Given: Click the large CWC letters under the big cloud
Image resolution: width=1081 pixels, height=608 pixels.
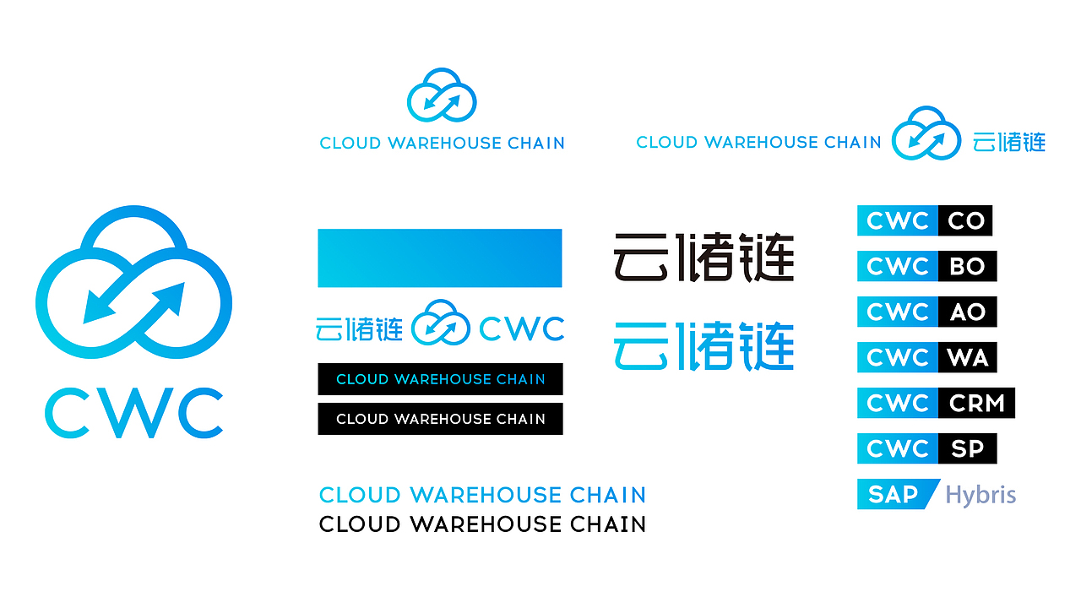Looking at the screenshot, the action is pyautogui.click(x=133, y=412).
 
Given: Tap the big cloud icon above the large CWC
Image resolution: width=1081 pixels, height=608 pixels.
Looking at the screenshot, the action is pyautogui.click(x=133, y=279).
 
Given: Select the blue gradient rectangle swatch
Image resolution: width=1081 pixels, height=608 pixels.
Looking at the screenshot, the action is pyautogui.click(x=439, y=258).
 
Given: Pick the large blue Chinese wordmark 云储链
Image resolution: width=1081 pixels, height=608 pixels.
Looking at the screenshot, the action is pyautogui.click(x=703, y=345).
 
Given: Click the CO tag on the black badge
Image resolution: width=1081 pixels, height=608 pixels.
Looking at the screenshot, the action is pyautogui.click(x=965, y=221).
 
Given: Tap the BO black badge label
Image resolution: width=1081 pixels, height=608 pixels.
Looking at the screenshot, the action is pyautogui.click(x=967, y=267).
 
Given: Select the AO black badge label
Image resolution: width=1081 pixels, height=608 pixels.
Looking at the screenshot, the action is pyautogui.click(x=967, y=312).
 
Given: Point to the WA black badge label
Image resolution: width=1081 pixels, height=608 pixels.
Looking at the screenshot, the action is pyautogui.click(x=967, y=358).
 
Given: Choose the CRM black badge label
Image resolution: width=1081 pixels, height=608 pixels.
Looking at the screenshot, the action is pyautogui.click(x=976, y=404).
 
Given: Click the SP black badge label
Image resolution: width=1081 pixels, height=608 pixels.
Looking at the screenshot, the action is pyautogui.click(x=967, y=449).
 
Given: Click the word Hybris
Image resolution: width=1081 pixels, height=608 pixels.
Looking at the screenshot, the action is pyautogui.click(x=981, y=495).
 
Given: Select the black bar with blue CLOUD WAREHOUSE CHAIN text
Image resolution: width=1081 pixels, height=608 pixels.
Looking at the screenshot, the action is pyautogui.click(x=440, y=379).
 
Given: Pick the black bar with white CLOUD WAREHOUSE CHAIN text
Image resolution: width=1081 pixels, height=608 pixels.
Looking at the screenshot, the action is pyautogui.click(x=440, y=419).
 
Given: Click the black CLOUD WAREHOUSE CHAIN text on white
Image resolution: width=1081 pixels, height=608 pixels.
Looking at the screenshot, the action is pyautogui.click(x=482, y=524).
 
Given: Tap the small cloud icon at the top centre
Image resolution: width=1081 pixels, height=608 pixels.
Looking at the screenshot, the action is pyautogui.click(x=442, y=95).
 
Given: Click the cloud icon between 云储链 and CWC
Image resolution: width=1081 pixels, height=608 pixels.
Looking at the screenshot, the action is pyautogui.click(x=440, y=323).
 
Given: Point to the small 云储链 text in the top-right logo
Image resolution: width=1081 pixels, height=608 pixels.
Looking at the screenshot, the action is pyautogui.click(x=1008, y=142).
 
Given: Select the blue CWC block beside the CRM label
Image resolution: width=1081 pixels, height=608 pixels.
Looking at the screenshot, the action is pyautogui.click(x=897, y=404).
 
